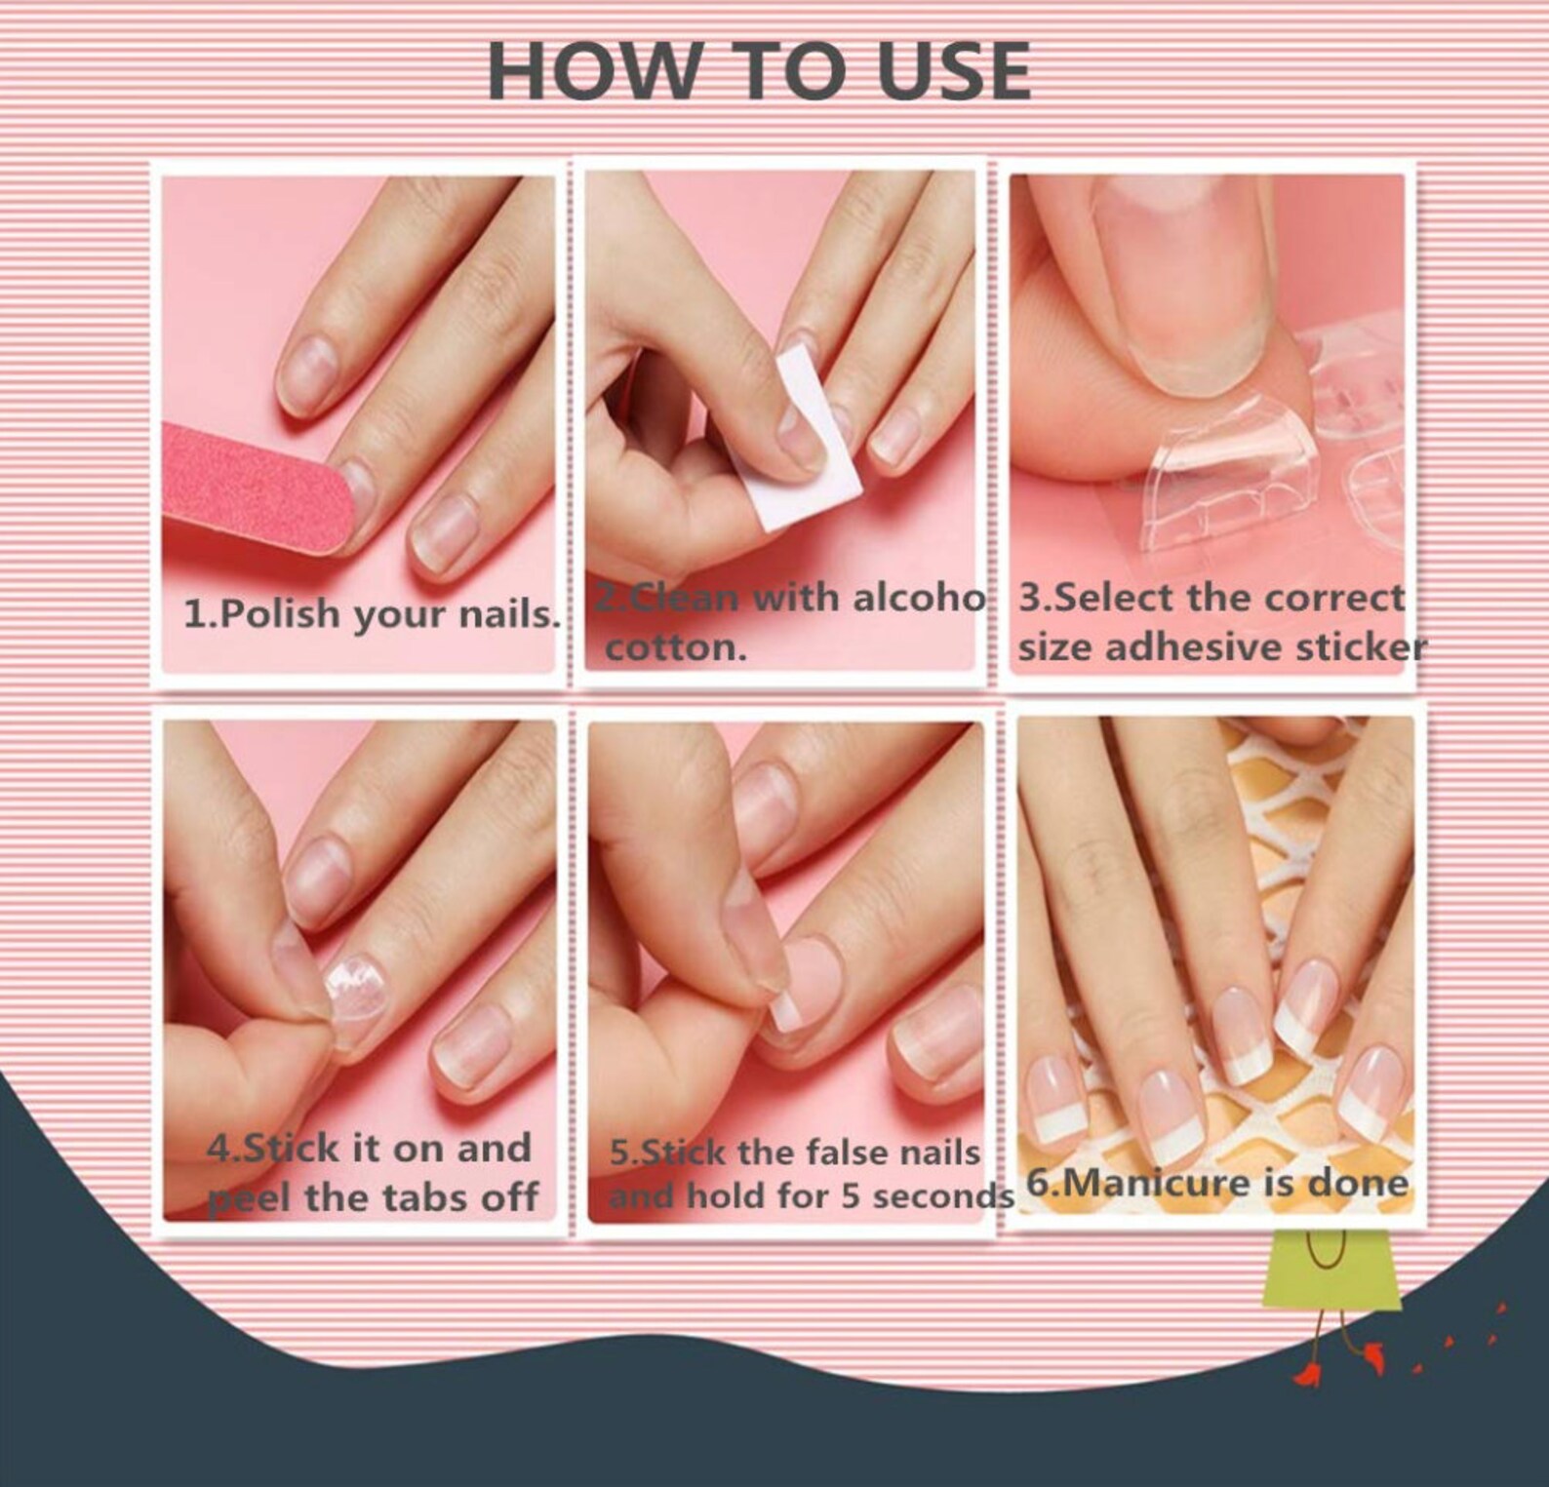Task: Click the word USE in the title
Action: [954, 71]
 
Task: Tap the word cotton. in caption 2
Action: [675, 647]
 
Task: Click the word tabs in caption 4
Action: [432, 1197]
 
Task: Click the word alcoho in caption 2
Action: [918, 597]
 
